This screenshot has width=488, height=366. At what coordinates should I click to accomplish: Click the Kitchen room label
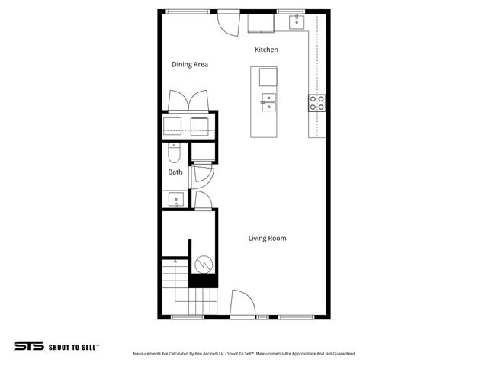[x=266, y=50]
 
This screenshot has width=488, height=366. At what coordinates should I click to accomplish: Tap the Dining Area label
[x=190, y=65]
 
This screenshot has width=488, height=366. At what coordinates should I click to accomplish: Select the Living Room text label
[x=267, y=239]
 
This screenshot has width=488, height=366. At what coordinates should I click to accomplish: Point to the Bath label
[x=175, y=172]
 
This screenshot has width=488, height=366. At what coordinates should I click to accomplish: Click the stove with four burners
[x=316, y=102]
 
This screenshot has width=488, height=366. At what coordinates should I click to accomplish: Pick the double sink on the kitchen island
[x=268, y=101]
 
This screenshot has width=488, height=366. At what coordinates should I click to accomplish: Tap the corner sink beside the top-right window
[x=295, y=22]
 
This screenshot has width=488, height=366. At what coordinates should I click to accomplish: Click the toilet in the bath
[x=174, y=155]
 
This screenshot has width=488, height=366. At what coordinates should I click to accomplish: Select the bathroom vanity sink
[x=175, y=200]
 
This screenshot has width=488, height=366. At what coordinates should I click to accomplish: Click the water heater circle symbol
[x=204, y=265]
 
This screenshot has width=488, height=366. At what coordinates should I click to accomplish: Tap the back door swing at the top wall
[x=227, y=22]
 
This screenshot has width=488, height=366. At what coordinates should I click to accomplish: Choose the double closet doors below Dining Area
[x=188, y=101]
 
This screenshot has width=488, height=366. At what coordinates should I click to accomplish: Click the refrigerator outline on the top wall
[x=262, y=22]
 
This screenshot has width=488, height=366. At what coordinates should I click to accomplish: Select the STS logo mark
[x=28, y=346]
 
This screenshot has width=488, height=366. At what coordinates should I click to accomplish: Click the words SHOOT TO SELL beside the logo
[x=74, y=346]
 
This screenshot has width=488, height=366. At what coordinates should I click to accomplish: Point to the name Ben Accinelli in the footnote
[x=203, y=354]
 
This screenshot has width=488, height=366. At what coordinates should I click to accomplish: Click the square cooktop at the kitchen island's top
[x=268, y=77]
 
